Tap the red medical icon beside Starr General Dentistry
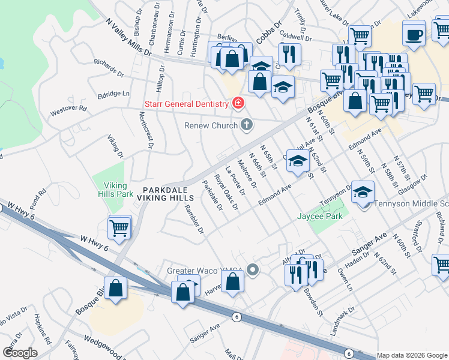(238, 103)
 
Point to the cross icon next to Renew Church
(246, 125)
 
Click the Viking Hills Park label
(118, 190)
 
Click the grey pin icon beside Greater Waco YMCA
(253, 270)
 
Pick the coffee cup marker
(414, 34)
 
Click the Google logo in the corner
(20, 353)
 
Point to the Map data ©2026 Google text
(412, 355)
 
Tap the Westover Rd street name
(68, 111)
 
